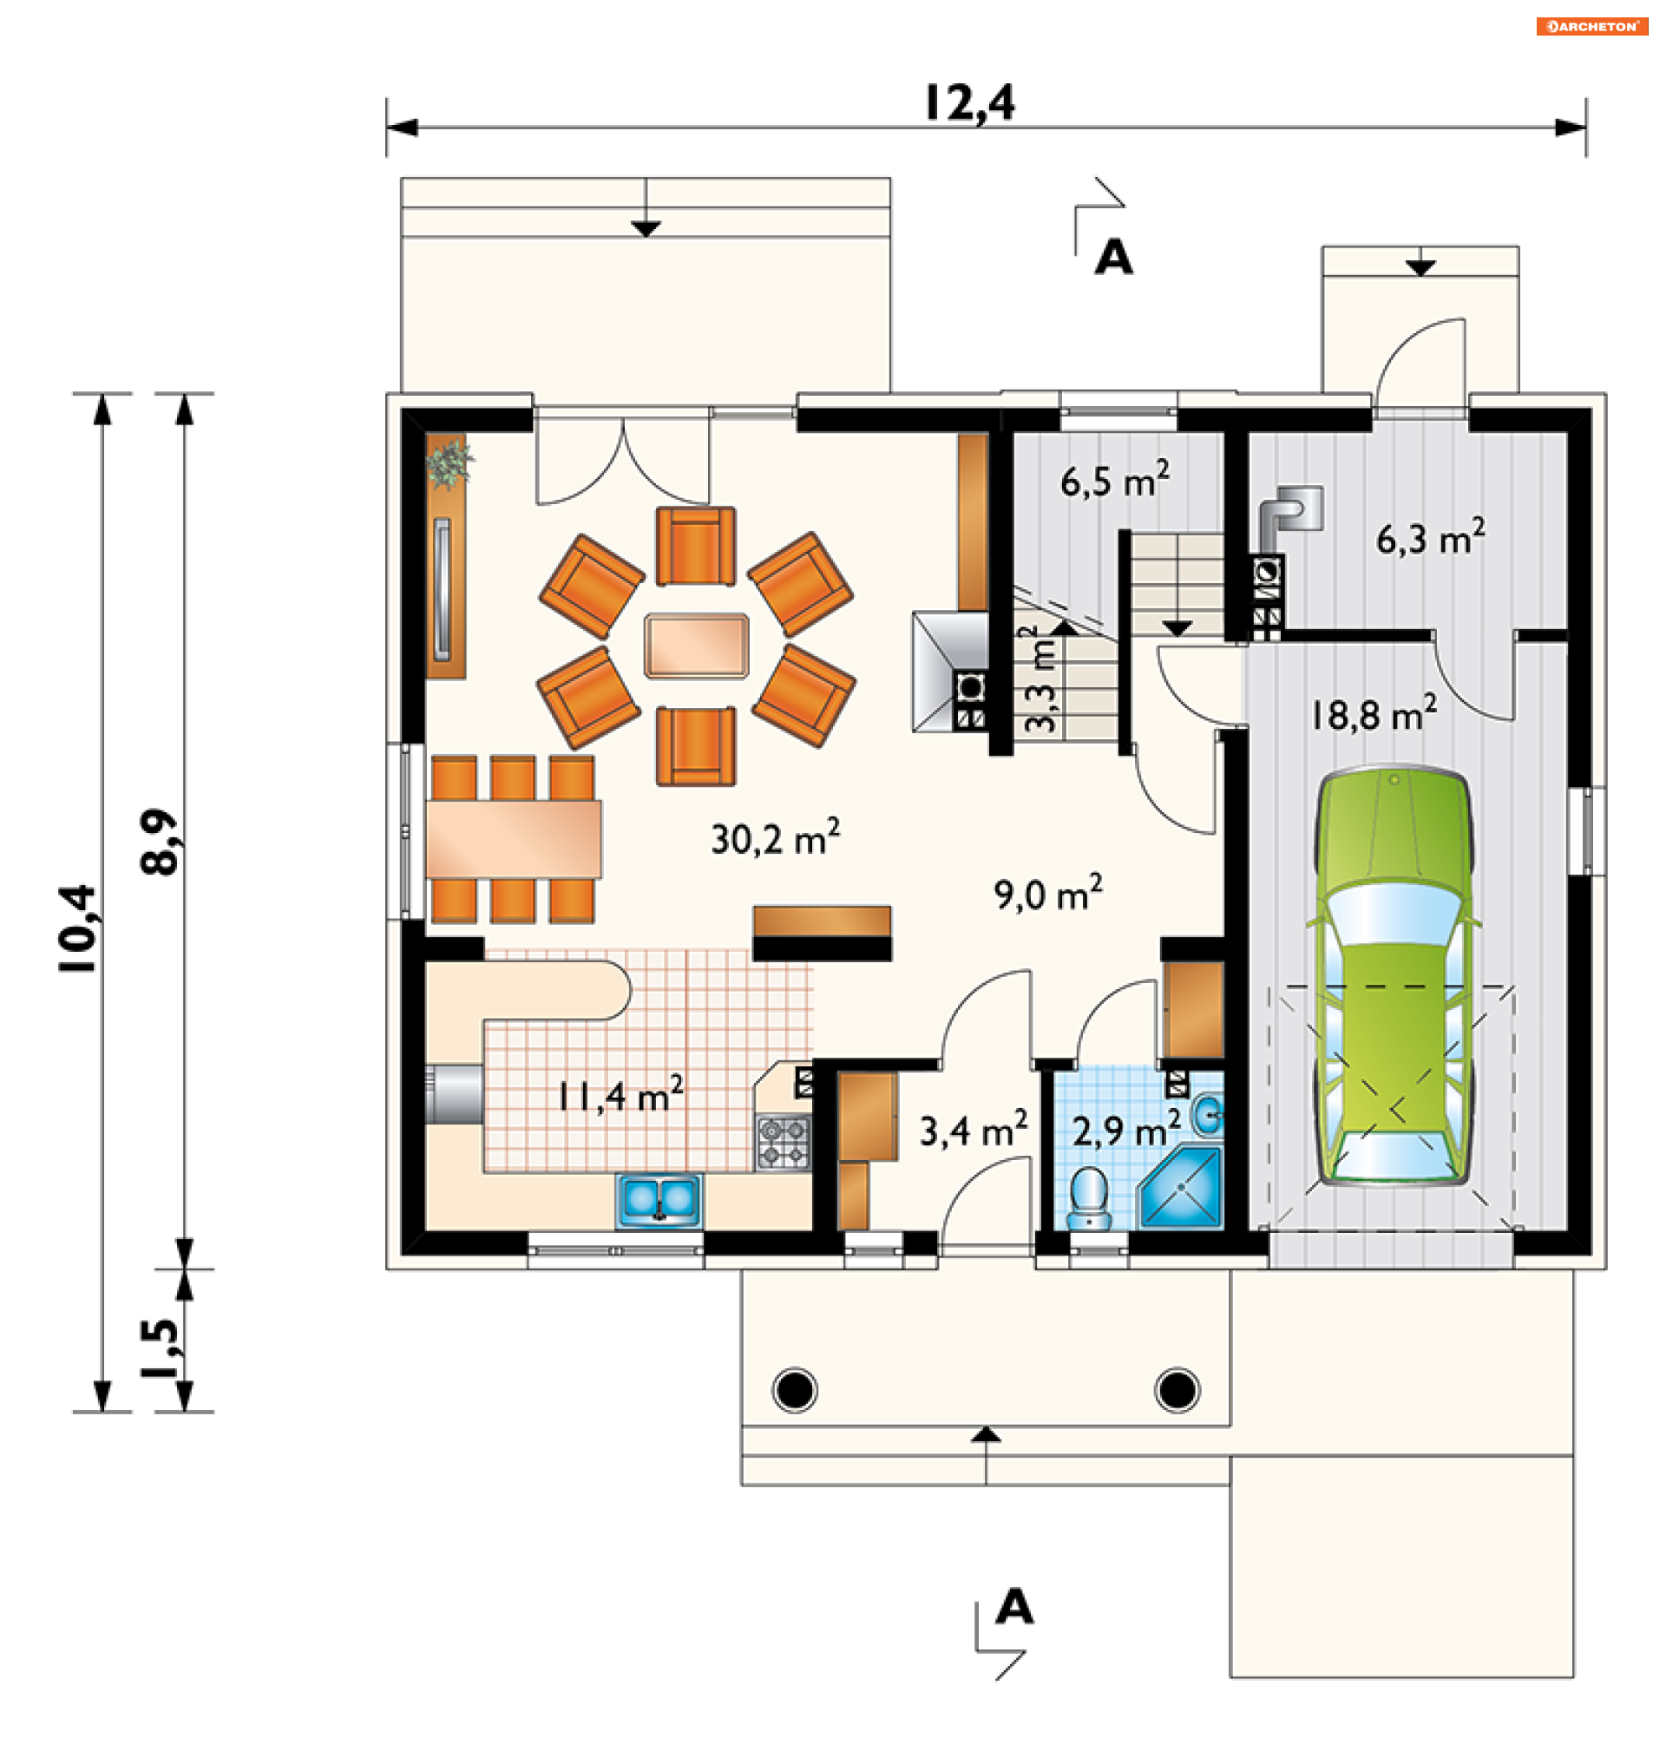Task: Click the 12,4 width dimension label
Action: (969, 104)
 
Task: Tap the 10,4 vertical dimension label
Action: (78, 928)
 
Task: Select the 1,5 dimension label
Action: (160, 1348)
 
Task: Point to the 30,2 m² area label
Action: (775, 837)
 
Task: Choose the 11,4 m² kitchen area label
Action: (620, 1094)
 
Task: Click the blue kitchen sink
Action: (659, 1201)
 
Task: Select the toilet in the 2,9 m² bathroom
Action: (1089, 1198)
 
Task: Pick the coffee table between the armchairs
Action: (696, 646)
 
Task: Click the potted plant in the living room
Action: (449, 462)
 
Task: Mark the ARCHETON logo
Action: (1592, 27)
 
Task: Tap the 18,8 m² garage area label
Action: (1374, 713)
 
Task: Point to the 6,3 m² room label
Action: (1431, 537)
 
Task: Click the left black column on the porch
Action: (795, 1390)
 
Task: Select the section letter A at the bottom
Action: (1014, 1606)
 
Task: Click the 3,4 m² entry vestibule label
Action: (974, 1129)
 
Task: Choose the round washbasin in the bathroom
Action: (1208, 1115)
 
